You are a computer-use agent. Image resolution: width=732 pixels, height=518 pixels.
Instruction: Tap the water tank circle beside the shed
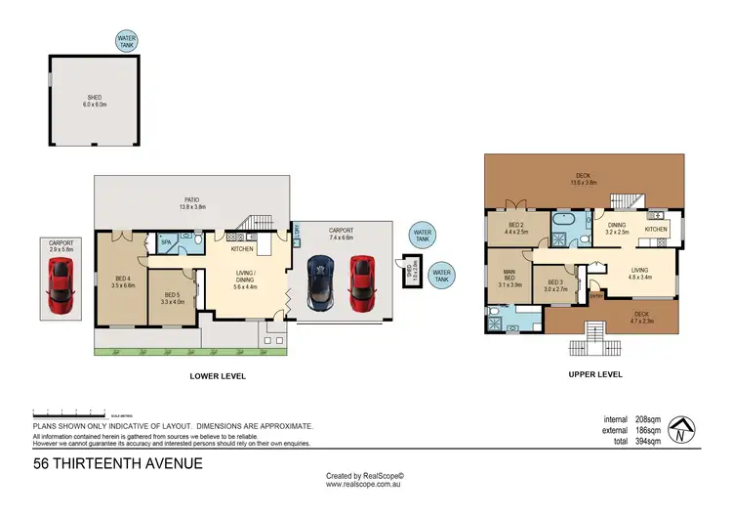point(125,40)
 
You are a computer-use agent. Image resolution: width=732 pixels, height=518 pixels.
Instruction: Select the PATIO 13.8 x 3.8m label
point(191,202)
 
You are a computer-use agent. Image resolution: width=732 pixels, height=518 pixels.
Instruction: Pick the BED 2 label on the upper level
point(514,229)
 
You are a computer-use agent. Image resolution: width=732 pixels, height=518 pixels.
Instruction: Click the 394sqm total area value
point(650,442)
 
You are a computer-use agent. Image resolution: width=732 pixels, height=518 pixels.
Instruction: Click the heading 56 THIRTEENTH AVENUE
point(118,463)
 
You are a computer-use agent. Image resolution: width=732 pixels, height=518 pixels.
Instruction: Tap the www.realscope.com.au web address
point(365,484)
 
